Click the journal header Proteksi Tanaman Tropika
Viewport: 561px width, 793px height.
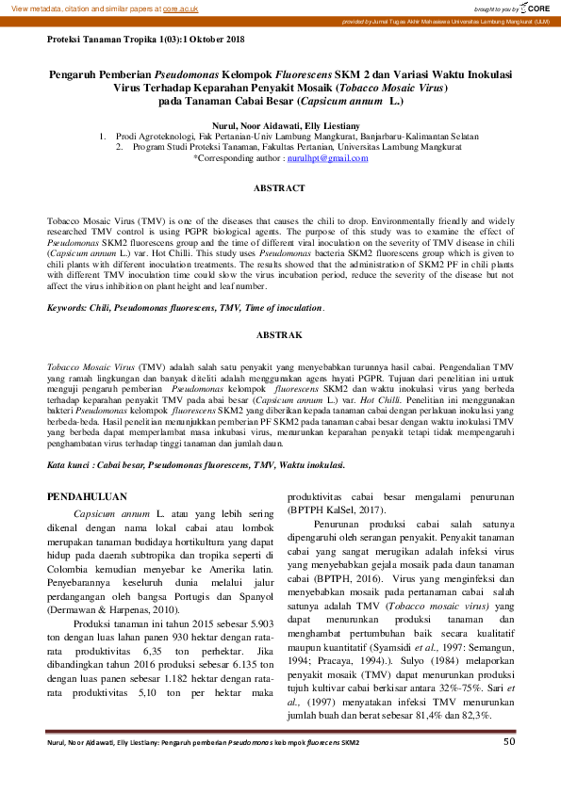(x=145, y=40)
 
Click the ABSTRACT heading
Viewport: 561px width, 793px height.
(x=280, y=188)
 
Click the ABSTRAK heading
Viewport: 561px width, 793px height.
(x=280, y=334)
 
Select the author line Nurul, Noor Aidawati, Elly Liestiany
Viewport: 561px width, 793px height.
(x=280, y=125)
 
